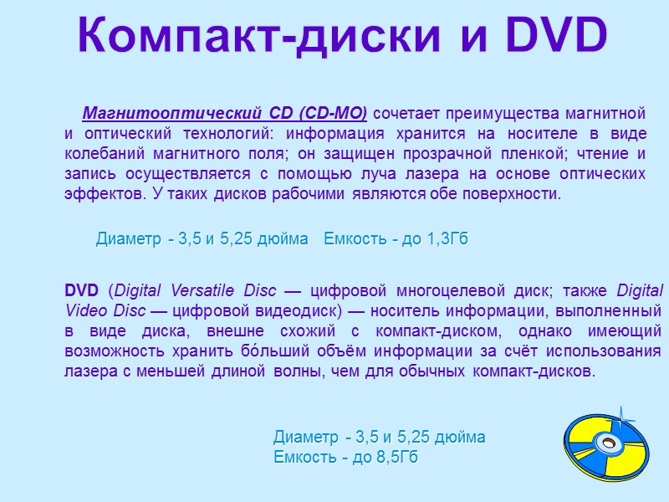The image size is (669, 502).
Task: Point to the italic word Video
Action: pos(84,310)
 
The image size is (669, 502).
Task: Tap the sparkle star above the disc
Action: pos(621,412)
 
